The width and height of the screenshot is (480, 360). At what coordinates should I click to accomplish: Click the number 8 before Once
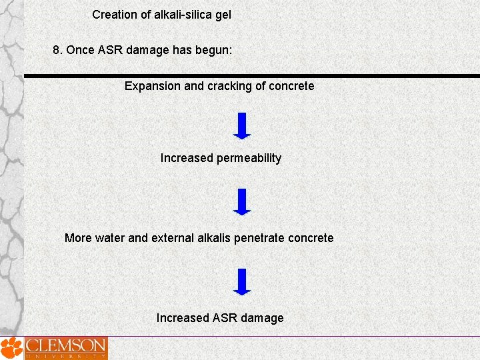57,50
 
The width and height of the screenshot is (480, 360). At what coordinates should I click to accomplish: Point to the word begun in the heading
213,51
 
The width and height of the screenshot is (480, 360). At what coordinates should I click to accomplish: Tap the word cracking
225,86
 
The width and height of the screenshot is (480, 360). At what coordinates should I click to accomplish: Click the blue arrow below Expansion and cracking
242,125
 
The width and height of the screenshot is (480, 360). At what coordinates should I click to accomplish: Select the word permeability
249,159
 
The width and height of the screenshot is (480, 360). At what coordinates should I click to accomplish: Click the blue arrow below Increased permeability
242,201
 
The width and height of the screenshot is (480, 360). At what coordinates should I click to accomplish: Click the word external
173,238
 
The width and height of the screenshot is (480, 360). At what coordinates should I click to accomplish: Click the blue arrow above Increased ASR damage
242,281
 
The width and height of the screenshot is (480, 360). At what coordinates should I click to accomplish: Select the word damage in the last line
262,318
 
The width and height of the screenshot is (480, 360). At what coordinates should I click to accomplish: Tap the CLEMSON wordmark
65,346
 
